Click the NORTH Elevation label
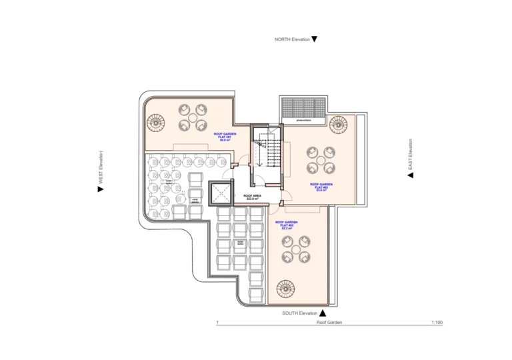(x=292, y=39)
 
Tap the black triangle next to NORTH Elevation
(x=315, y=39)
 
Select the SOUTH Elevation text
(x=299, y=313)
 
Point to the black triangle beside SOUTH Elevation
(x=322, y=313)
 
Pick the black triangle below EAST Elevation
(x=411, y=175)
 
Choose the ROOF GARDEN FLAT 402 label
(x=288, y=225)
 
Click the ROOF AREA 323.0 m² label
(x=253, y=197)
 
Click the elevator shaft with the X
(x=219, y=194)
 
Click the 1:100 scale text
(x=437, y=323)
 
